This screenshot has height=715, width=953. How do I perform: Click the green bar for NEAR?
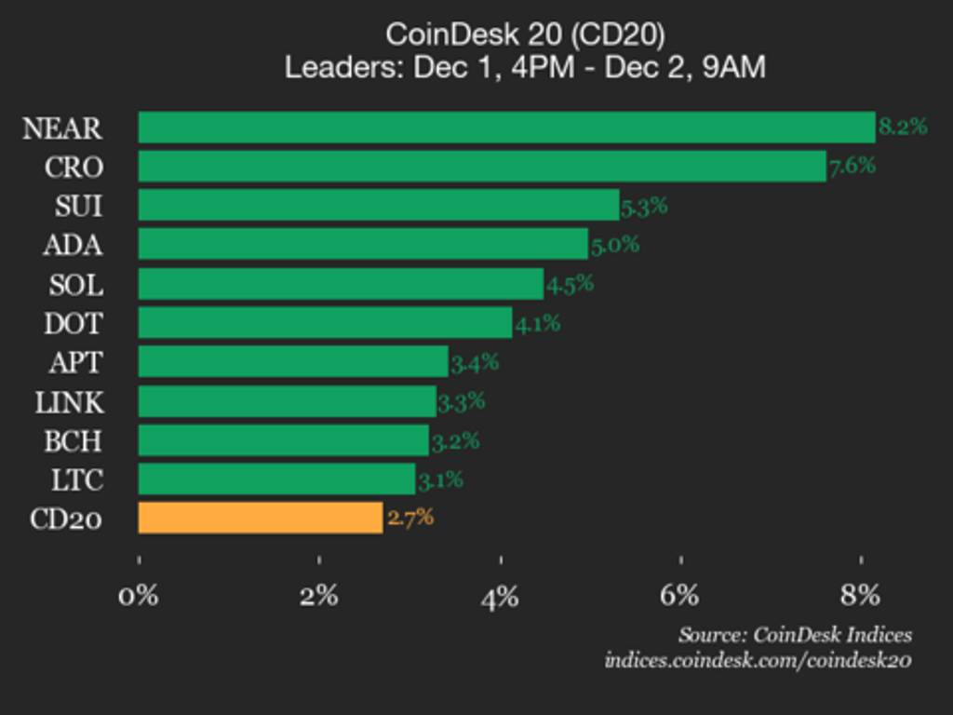click(x=506, y=128)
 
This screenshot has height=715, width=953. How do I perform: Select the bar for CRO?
click(x=482, y=167)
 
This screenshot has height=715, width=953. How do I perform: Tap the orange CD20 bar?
click(x=261, y=518)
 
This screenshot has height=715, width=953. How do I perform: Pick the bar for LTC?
click(x=276, y=479)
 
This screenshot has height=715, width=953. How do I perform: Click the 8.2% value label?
click(x=903, y=128)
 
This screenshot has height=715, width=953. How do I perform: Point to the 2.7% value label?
click(x=410, y=518)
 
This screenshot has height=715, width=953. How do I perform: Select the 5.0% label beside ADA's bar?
click(x=615, y=245)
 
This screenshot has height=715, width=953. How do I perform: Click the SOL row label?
click(x=75, y=284)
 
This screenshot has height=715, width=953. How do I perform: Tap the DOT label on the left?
click(x=74, y=323)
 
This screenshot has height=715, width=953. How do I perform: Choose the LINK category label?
click(x=70, y=402)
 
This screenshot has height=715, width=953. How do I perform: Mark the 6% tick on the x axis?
click(x=681, y=595)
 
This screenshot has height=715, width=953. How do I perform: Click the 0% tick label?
click(x=139, y=595)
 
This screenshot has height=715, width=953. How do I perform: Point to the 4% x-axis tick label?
click(x=500, y=595)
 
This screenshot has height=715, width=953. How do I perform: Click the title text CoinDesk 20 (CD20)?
click(x=525, y=34)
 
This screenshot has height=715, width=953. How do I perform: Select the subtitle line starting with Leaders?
click(x=525, y=68)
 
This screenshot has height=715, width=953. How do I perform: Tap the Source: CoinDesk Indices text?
click(x=795, y=635)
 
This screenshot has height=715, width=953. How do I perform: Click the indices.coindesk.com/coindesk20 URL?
click(x=758, y=660)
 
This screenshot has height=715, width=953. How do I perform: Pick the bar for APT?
click(x=293, y=362)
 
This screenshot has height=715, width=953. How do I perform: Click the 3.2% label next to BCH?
click(x=455, y=441)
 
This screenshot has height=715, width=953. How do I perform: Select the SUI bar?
click(x=379, y=206)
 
